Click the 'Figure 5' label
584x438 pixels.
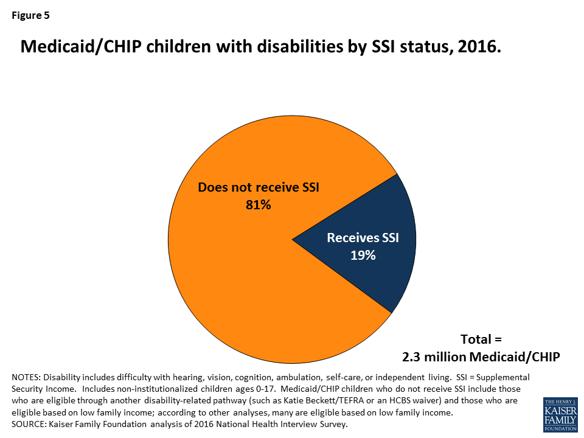30,16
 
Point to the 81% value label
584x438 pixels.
258,205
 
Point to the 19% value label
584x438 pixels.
363,255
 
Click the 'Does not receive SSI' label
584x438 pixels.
259,187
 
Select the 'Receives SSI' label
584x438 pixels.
363,238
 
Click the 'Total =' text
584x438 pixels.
481,339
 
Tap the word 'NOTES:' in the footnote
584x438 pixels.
27,377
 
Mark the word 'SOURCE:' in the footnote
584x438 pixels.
29,424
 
